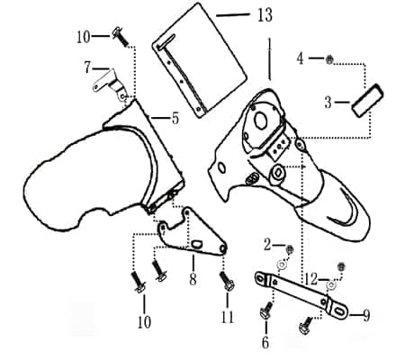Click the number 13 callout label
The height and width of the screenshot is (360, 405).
[x=265, y=15]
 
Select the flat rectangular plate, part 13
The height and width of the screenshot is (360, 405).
[x=200, y=60]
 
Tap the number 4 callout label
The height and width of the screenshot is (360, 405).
[x=300, y=58]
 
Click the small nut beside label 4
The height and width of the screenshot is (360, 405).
[x=329, y=59]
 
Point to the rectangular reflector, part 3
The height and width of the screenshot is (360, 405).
[x=368, y=101]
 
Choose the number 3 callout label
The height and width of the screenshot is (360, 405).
[x=328, y=103]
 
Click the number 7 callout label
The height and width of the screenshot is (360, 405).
[x=87, y=67]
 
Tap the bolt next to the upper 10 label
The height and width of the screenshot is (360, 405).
[x=121, y=37]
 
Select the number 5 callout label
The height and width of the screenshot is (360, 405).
[x=175, y=118]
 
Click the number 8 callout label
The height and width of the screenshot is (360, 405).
[x=193, y=279]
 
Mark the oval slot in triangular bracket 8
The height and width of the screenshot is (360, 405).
[x=197, y=244]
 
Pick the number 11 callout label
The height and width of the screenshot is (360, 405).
[x=228, y=317]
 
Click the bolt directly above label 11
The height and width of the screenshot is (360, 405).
[x=227, y=281]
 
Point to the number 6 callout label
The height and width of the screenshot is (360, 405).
[x=265, y=342]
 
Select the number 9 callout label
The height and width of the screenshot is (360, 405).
[x=366, y=316]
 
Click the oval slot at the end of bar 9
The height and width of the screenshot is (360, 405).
[x=340, y=311]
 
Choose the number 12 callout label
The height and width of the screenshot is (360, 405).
[x=310, y=279]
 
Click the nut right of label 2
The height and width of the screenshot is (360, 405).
[x=290, y=249]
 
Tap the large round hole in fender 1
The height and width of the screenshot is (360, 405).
[x=261, y=120]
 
